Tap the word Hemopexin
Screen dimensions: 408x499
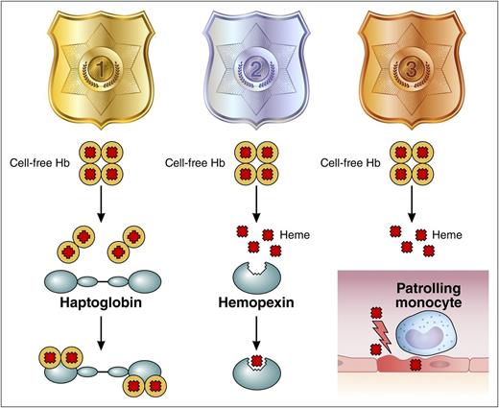coord(253,309)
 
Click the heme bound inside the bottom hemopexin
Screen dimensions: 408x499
coord(253,362)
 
